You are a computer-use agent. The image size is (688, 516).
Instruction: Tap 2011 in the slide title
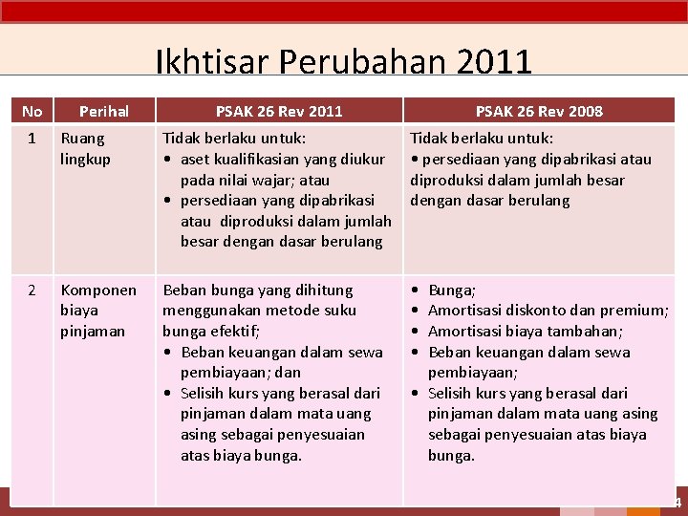point(494,63)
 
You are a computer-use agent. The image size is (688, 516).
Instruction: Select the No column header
point(32,111)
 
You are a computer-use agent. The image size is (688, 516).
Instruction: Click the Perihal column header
point(104,111)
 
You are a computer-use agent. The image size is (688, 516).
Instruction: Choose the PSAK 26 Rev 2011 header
point(278,111)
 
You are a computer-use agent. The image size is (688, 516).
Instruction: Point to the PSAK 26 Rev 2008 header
point(539,111)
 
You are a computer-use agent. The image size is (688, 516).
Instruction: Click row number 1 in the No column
point(32,139)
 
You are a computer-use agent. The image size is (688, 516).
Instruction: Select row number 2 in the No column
point(32,290)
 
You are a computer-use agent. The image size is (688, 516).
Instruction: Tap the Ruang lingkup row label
point(85,148)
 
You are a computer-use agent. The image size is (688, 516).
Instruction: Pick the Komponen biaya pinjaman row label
point(97,311)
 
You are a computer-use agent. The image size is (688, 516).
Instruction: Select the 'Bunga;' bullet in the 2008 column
point(452,290)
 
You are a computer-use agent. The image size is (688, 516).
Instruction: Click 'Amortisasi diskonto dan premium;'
point(548,311)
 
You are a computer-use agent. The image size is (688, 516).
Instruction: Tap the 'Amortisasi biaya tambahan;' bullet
point(525,331)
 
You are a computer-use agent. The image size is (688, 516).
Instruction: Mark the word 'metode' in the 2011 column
point(291,311)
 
